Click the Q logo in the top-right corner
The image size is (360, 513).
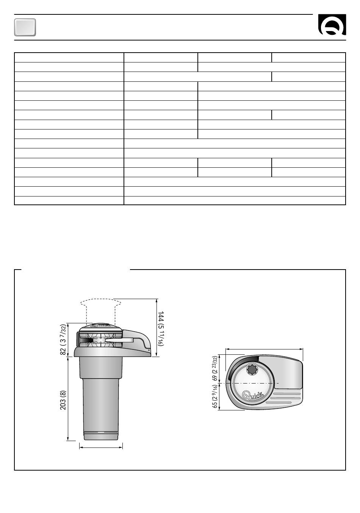coord(332,25)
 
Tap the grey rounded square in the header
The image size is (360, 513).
coord(25,27)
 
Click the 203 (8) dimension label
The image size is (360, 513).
coord(63,400)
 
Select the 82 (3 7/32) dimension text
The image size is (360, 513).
coord(63,339)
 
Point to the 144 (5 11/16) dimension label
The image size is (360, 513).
coord(161,329)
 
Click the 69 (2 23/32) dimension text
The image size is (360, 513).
coord(215,368)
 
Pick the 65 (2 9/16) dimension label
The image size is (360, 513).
coord(215,396)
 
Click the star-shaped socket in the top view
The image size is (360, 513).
coord(252,370)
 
